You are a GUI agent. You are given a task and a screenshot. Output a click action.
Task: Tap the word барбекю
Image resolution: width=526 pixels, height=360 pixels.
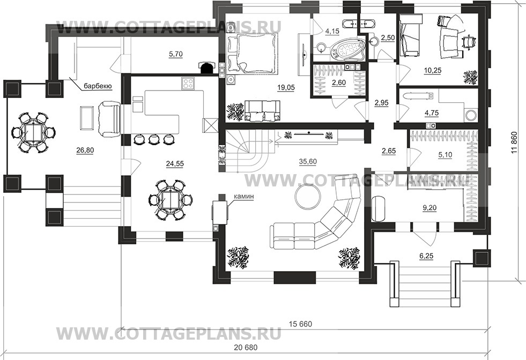pos(97,85)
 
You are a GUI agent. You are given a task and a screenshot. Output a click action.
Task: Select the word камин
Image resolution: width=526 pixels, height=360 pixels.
pos(242,197)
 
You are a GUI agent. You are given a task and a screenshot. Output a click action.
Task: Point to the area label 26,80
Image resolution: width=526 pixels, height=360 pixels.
pos(85,150)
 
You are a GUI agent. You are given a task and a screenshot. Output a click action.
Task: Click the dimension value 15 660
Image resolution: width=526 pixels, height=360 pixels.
pos(300,325)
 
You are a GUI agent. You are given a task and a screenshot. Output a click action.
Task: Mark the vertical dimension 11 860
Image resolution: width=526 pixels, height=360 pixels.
pos(515,144)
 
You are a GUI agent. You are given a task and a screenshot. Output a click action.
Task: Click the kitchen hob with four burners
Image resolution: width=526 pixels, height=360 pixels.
pos(188,83)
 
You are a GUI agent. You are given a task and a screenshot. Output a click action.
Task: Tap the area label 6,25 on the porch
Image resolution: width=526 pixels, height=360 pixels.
pos(426,257)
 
